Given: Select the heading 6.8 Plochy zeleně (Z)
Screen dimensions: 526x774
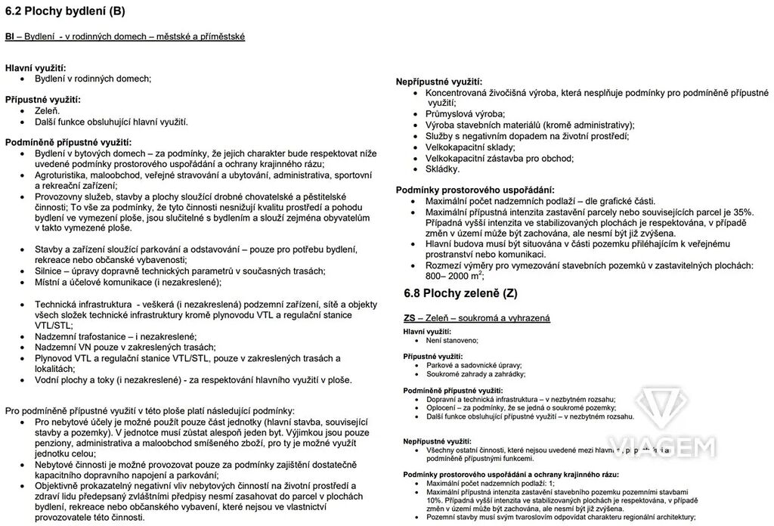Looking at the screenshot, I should point(460,292).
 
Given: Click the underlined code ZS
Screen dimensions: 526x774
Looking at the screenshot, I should point(410,318).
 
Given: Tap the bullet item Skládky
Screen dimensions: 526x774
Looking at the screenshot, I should point(442,169).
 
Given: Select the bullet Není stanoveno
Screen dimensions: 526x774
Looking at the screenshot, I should point(453,341).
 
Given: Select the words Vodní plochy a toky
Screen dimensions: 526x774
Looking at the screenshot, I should point(83,380).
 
